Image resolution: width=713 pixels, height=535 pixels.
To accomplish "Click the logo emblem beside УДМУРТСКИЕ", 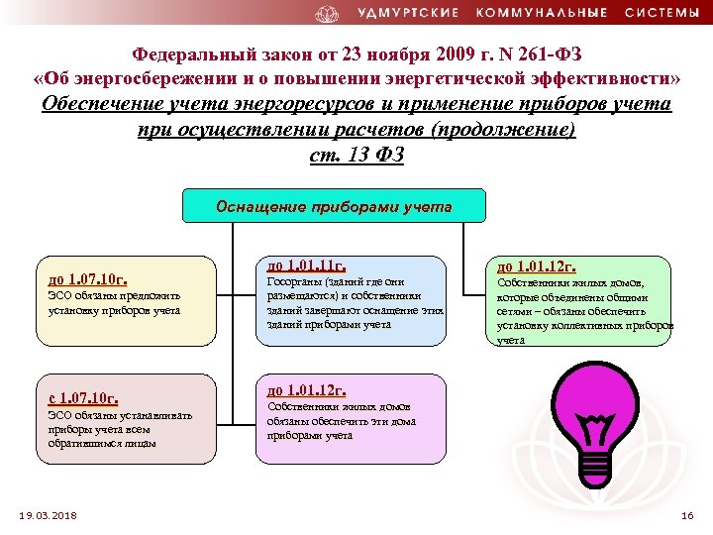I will [327, 13].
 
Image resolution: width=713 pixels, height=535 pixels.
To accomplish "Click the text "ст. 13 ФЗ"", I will [356, 156].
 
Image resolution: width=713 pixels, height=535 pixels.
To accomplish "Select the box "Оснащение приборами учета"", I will [335, 207].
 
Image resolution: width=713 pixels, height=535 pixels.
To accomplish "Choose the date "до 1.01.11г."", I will [307, 266].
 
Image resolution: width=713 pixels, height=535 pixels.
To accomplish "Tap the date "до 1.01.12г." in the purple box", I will [307, 390].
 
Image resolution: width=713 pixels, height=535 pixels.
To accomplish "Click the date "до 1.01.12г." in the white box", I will [536, 266].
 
